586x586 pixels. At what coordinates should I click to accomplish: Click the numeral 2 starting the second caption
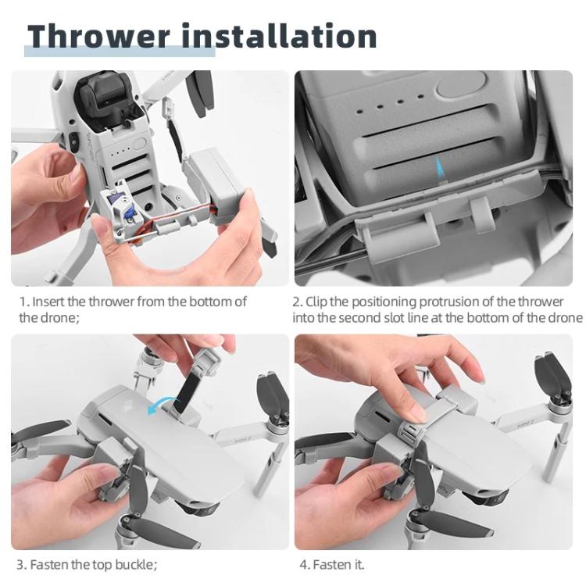click(297, 302)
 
